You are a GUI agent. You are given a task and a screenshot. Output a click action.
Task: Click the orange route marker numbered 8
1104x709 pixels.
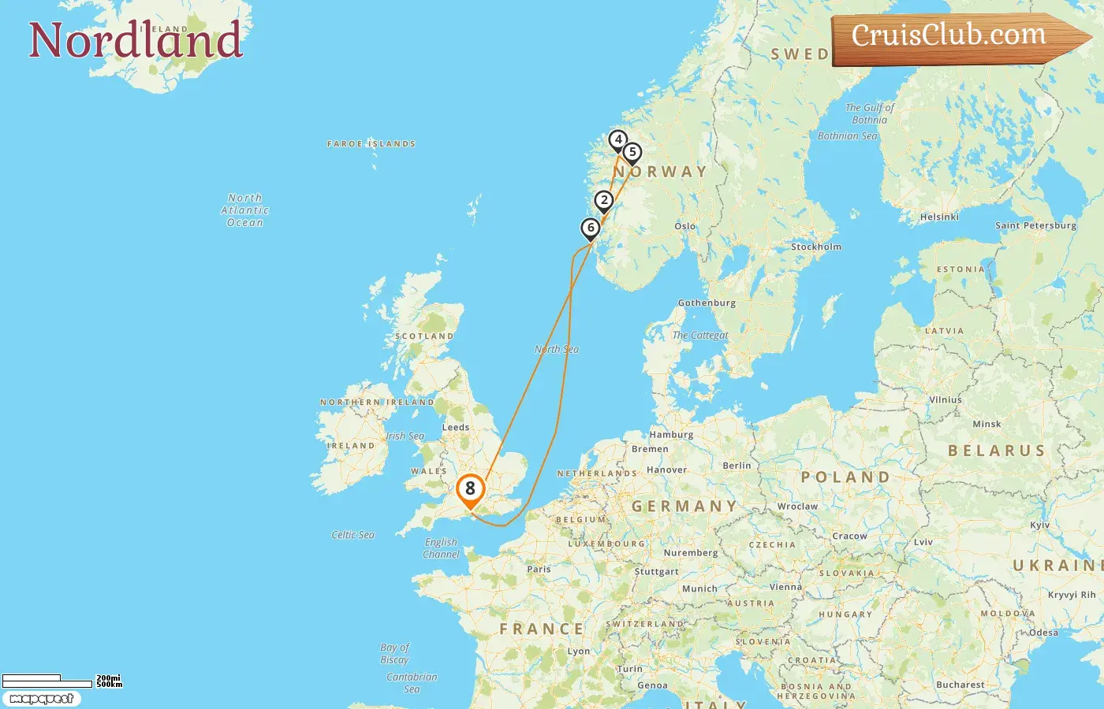(x=470, y=489)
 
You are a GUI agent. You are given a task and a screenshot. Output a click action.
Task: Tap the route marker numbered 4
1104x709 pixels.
(x=618, y=140)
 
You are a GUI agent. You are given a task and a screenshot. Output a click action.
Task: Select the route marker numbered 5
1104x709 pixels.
(x=632, y=153)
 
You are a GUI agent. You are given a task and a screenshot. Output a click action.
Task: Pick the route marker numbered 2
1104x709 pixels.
(x=604, y=201)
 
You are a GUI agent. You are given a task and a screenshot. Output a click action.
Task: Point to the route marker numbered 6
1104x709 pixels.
(x=591, y=228)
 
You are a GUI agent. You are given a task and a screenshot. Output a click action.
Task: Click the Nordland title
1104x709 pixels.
(x=136, y=40)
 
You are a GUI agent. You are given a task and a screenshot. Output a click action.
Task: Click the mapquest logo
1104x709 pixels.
(x=41, y=699)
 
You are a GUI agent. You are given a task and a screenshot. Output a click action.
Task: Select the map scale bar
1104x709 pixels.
(x=47, y=681)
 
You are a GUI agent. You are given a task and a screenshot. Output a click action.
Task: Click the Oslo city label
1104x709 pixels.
(x=685, y=226)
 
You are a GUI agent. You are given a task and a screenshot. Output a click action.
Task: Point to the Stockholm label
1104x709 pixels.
(x=816, y=247)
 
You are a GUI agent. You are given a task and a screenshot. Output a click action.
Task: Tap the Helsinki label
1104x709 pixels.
(x=939, y=217)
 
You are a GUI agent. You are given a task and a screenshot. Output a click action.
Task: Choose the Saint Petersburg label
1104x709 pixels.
(x=1035, y=225)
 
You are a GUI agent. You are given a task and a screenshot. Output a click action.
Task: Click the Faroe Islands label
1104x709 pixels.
(x=371, y=144)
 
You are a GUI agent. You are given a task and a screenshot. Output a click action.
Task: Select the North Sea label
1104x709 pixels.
(x=557, y=349)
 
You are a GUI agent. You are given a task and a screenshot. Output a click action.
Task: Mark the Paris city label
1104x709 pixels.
(x=539, y=569)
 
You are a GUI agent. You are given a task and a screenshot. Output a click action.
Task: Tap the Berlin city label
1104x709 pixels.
(x=737, y=466)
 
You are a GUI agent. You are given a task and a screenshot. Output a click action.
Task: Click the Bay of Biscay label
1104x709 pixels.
(x=394, y=654)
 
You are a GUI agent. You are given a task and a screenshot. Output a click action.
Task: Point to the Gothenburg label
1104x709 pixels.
(x=707, y=303)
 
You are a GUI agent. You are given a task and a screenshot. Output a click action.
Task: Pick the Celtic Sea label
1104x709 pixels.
(x=352, y=535)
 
